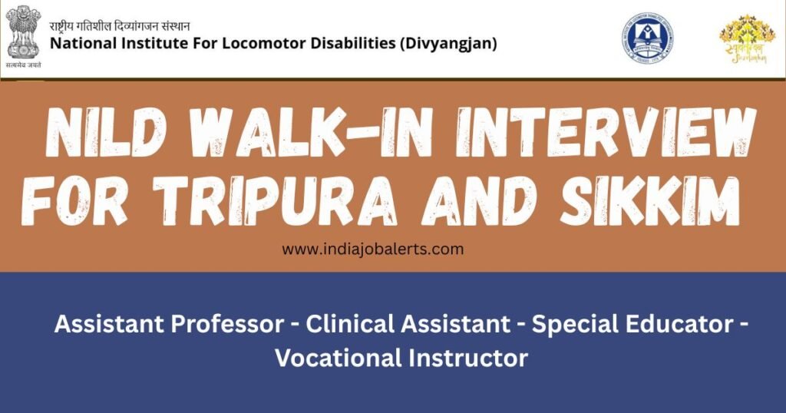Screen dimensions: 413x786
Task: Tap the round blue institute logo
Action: (x=647, y=37)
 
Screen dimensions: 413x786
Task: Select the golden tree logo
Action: (x=741, y=38)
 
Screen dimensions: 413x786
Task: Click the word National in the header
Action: (x=80, y=44)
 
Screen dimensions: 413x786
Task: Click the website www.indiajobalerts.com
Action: (x=372, y=249)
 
